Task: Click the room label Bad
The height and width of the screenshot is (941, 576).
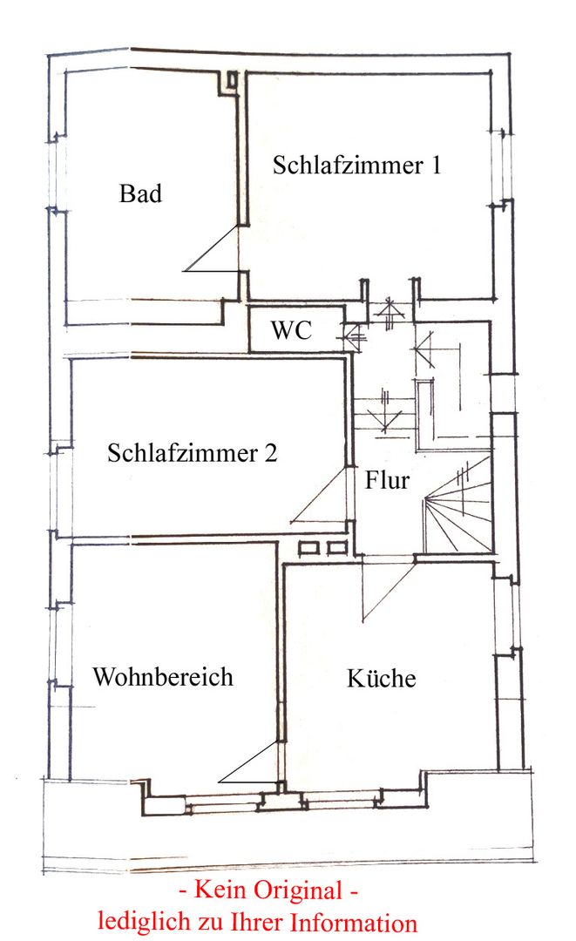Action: coord(140,193)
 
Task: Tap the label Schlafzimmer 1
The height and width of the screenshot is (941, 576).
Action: coord(356,166)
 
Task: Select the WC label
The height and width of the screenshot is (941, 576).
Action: coord(291,331)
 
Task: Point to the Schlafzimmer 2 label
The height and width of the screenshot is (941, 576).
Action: coord(193,453)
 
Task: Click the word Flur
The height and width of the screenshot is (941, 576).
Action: coord(387,479)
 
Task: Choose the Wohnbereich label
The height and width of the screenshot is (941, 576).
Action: coord(163,677)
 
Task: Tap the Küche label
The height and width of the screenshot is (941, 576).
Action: coord(381,679)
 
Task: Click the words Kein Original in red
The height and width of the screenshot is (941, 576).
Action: coord(268,890)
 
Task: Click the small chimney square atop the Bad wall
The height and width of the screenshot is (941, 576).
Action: coord(231,79)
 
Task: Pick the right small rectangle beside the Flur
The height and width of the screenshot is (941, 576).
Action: coord(337,547)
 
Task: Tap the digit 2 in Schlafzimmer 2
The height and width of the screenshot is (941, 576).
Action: coord(271,453)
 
